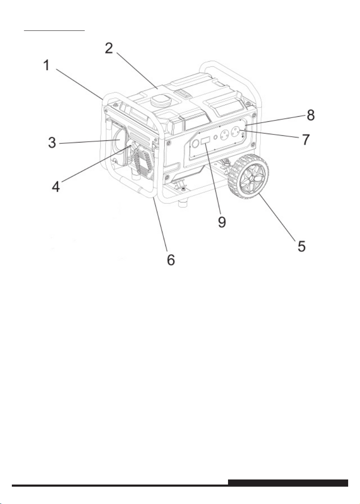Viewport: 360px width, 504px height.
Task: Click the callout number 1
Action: pos(47,66)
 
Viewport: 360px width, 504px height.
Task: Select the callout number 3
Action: pos(52,143)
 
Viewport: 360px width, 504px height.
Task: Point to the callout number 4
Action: pos(56,187)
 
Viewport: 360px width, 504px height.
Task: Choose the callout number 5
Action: pos(302,246)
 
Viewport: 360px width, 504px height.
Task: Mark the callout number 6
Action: pos(171,259)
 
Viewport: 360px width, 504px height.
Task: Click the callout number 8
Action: pos(311,115)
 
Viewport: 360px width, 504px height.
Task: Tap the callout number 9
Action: pos(222,222)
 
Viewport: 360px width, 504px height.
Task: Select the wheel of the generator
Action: pos(248,175)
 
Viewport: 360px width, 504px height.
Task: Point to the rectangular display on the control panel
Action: pos(205,141)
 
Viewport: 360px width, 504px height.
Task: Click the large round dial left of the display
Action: pos(195,145)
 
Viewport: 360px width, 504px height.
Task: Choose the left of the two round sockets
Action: pos(224,136)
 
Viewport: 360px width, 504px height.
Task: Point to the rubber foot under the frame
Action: pos(183,203)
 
